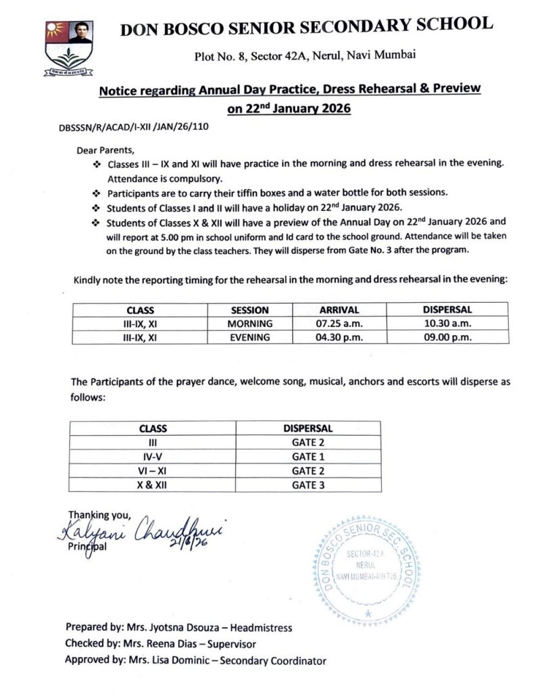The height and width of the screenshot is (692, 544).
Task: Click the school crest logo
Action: point(69,47)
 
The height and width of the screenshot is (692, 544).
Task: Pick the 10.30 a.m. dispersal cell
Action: point(447,324)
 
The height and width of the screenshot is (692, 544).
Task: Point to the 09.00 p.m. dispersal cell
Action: point(447,337)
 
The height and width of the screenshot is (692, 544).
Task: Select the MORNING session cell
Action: point(249,324)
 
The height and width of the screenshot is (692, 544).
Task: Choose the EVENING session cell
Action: point(249,337)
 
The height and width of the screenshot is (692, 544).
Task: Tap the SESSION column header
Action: point(249,310)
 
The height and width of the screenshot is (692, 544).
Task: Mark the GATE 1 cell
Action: point(307,456)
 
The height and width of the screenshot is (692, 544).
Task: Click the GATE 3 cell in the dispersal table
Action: point(307,485)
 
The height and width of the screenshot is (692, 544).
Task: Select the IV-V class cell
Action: point(153,456)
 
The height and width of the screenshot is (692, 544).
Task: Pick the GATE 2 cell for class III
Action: point(307,442)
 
